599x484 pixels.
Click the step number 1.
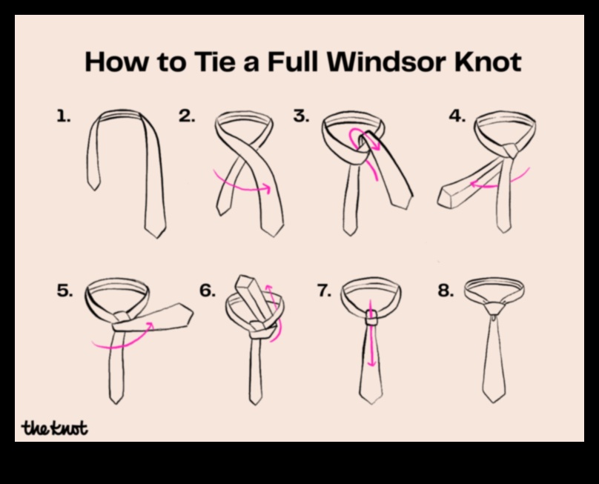coord(63,116)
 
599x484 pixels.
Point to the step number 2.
coord(186,116)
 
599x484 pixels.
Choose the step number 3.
coord(300,116)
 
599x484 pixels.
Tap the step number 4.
coord(457,116)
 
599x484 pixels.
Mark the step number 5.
coord(64,291)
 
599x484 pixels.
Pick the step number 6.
coord(207,291)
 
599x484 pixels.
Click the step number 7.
coord(324,291)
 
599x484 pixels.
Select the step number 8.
coord(445,291)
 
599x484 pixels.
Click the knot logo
coord(55,428)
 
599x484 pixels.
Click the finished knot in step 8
coord(494,305)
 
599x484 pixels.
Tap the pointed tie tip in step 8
coord(494,397)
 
